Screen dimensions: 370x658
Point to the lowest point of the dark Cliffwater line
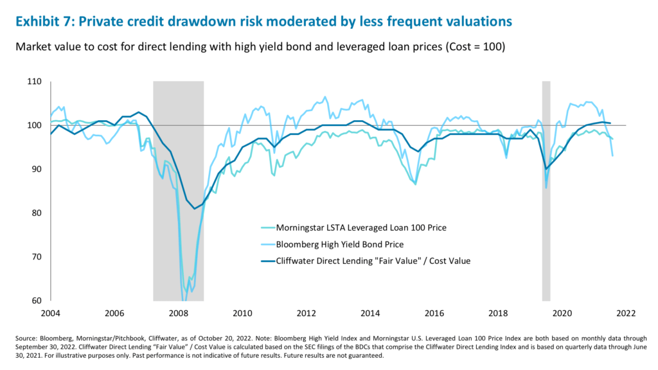195,208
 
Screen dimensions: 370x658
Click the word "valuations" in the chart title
474,21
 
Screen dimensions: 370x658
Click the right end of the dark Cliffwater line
610,123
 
